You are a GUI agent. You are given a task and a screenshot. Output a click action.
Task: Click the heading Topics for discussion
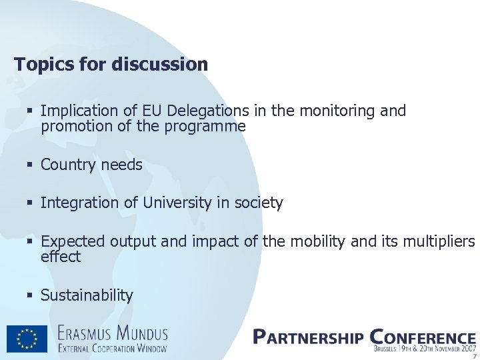coord(111,65)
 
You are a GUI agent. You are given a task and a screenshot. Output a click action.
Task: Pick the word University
coord(177,203)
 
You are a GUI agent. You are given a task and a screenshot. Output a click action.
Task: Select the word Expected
coord(73,241)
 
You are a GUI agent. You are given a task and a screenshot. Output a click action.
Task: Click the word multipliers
coord(439,241)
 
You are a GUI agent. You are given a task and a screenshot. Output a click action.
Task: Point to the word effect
coord(61,257)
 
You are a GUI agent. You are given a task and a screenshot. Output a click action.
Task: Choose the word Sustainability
coord(87,295)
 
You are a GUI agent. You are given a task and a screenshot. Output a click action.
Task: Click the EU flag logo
coord(27,339)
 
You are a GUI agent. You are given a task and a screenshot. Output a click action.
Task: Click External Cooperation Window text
coord(111,347)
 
